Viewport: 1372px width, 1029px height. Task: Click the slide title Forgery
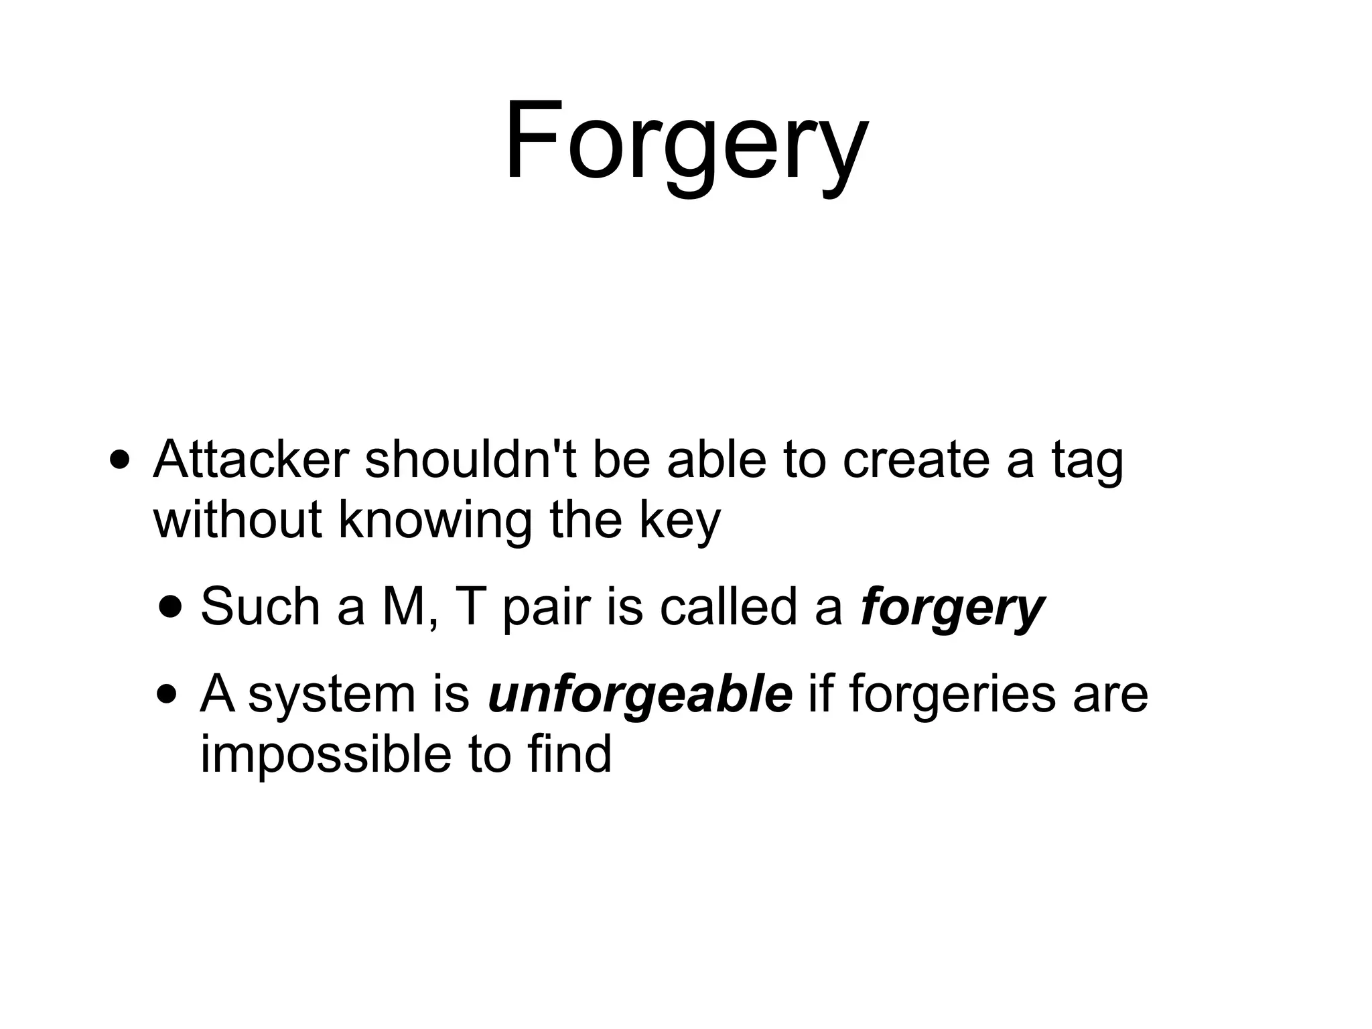point(685,142)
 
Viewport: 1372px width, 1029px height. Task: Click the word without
point(238,519)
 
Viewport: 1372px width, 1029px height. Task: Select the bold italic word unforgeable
point(640,695)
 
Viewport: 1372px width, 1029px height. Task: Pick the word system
point(332,696)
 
